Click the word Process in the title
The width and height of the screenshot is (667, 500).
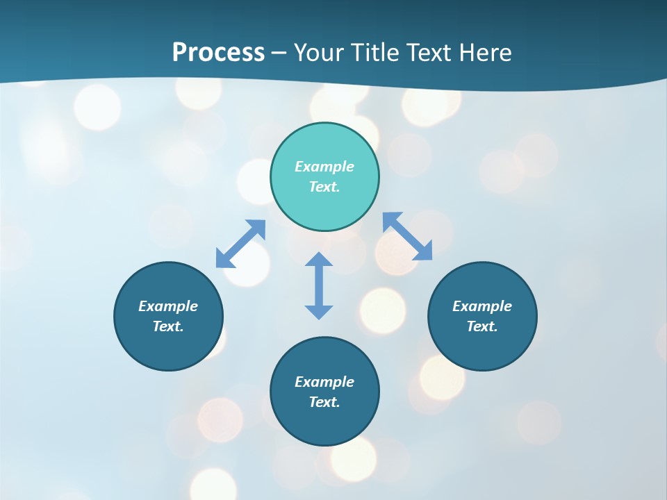coord(218,53)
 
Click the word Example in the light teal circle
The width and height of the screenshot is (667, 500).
coord(324,167)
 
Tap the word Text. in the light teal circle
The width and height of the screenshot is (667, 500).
coord(324,187)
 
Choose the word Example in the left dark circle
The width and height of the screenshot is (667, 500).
coord(168,306)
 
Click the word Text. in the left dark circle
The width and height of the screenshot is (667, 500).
coord(168,326)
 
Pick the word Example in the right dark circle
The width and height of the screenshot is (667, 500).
coord(482,306)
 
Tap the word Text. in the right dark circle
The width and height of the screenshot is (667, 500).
coord(482,326)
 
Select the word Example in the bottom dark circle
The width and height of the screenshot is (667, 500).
coord(324,382)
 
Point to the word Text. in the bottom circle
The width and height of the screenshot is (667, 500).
coord(324,402)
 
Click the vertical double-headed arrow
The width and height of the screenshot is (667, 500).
coord(319,285)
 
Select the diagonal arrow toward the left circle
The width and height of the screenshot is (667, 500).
coord(240,244)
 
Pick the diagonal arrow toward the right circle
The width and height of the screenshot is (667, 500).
coord(408,236)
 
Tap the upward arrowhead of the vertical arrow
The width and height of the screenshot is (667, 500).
coord(319,259)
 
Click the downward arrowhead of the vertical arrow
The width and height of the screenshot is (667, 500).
coord(319,312)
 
